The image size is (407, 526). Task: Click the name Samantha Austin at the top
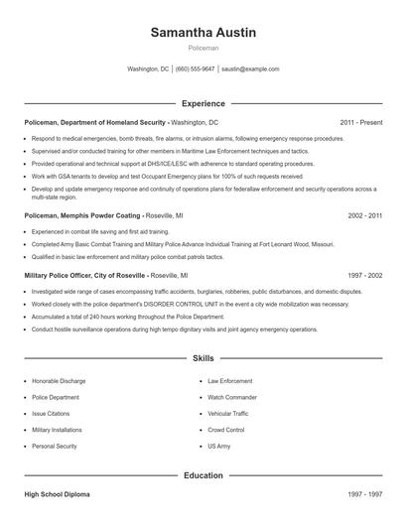pyautogui.click(x=203, y=32)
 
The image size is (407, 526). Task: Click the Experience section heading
pyautogui.click(x=203, y=103)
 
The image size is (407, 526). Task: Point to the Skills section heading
pyautogui.click(x=203, y=358)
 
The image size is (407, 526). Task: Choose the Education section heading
pyautogui.click(x=203, y=475)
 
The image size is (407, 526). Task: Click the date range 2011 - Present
pyautogui.click(x=360, y=122)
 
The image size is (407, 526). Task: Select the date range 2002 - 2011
pyautogui.click(x=364, y=214)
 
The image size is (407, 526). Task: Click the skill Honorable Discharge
pyautogui.click(x=59, y=380)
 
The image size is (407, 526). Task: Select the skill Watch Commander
pyautogui.click(x=232, y=397)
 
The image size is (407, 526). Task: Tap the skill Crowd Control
pyautogui.click(x=226, y=430)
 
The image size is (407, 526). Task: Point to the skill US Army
pyautogui.click(x=218, y=447)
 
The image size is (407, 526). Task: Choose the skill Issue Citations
pyautogui.click(x=52, y=413)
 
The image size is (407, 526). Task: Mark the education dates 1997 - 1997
pyautogui.click(x=364, y=493)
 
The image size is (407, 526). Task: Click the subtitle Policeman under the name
pyautogui.click(x=203, y=47)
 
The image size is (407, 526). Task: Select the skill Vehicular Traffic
pyautogui.click(x=228, y=413)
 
